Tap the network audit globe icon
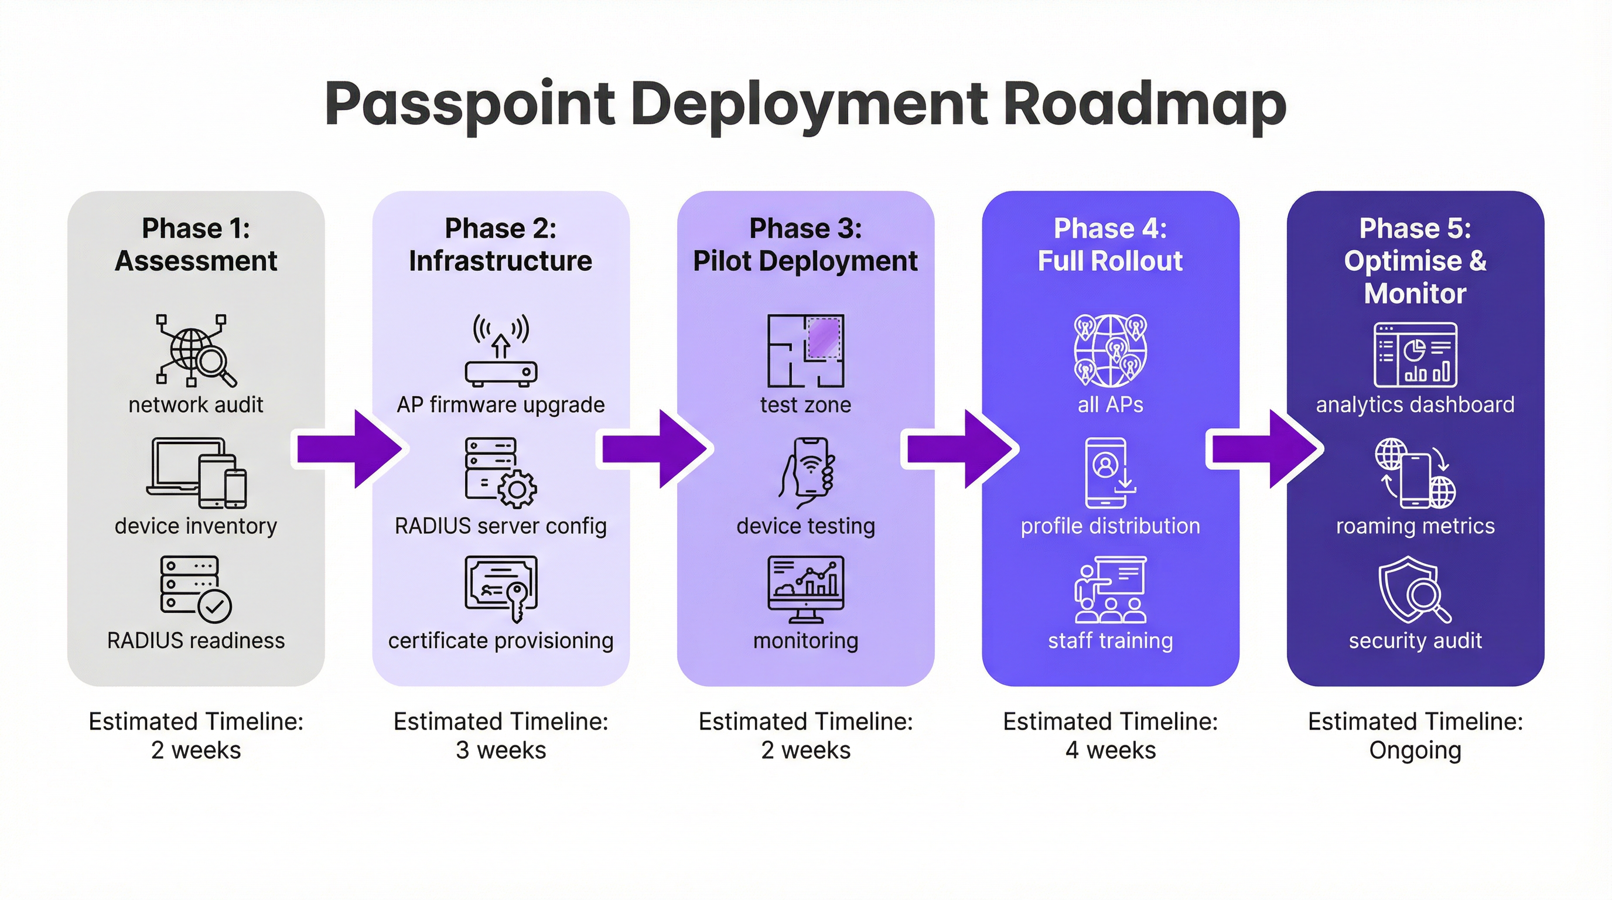click(x=194, y=350)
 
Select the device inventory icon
click(x=196, y=473)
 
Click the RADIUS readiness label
click(x=196, y=641)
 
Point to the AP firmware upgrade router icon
click(x=501, y=350)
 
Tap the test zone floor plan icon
click(x=805, y=350)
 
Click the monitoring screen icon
click(x=805, y=589)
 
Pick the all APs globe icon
click(x=1110, y=350)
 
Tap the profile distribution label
click(x=1110, y=526)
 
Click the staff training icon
click(x=1110, y=589)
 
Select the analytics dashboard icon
click(x=1415, y=355)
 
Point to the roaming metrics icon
click(x=1415, y=473)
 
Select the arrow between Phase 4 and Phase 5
click(x=1263, y=449)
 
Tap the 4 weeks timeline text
click(x=1110, y=750)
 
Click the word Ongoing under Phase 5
click(x=1415, y=750)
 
